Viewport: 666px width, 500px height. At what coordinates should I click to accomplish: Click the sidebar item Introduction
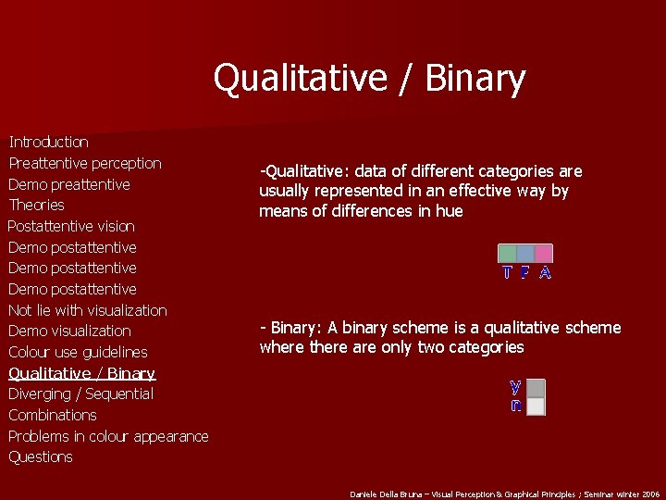(x=48, y=142)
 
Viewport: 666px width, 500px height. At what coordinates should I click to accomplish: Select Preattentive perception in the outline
(x=84, y=163)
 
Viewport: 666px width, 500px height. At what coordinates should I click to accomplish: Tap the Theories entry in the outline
(x=36, y=205)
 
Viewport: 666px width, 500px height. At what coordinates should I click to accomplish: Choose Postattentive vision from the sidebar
(x=71, y=226)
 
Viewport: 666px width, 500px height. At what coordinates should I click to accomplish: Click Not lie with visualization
(x=87, y=310)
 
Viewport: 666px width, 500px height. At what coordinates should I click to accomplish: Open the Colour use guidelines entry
(x=78, y=352)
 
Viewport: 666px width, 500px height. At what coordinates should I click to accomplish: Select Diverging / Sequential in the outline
(x=80, y=394)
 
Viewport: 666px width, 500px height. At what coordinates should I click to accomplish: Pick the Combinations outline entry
(x=52, y=415)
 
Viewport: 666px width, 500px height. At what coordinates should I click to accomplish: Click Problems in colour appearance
(x=108, y=436)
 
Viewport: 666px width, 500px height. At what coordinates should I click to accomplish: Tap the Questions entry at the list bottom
(x=40, y=456)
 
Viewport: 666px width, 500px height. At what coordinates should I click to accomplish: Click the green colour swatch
(x=507, y=253)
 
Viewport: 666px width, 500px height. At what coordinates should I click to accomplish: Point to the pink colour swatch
(x=543, y=253)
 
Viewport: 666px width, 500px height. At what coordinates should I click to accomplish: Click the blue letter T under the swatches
(x=507, y=272)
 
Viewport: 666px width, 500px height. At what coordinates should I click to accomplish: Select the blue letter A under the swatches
(x=545, y=272)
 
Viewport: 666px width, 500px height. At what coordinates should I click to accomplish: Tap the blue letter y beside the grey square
(x=515, y=386)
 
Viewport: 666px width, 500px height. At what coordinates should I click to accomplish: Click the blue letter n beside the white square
(x=515, y=405)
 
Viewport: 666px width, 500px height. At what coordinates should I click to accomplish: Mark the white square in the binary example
(x=536, y=406)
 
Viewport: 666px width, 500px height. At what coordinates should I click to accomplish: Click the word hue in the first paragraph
(x=450, y=211)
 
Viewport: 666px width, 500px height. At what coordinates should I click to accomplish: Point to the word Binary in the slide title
(x=475, y=79)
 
